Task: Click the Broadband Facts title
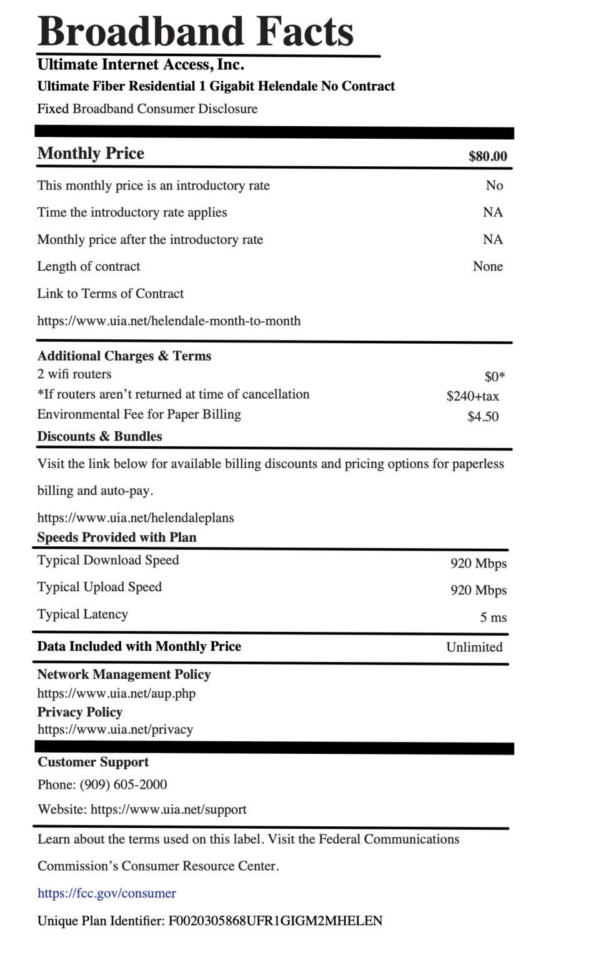coord(196,31)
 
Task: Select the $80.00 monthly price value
coord(487,156)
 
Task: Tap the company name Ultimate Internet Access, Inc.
coord(141,64)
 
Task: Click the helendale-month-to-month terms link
coord(169,321)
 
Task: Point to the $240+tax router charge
coord(472,396)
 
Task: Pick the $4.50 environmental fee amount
coord(482,416)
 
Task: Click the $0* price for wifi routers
coord(494,376)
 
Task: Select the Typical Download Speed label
coord(108,560)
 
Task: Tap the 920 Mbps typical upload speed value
coord(478,590)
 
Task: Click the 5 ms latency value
coord(493,617)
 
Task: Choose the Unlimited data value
coord(474,647)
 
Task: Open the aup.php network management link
coord(116,693)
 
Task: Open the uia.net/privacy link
coord(115,729)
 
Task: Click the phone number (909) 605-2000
coord(123,784)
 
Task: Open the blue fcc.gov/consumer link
coord(106,893)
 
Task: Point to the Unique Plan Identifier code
coord(275,921)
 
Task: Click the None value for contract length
coord(487,266)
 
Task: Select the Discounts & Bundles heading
coord(99,436)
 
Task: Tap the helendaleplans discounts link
coord(136,517)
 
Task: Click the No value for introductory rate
coord(494,186)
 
